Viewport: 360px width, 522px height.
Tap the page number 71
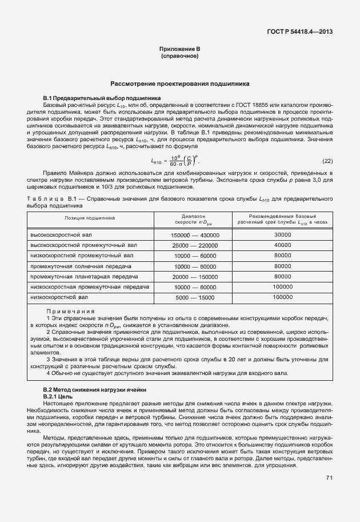329,477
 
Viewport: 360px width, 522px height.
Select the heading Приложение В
179,50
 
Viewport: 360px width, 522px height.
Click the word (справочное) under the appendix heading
179,57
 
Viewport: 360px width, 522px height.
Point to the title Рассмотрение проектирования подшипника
179,83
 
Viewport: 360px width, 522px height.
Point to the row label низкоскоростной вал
59,298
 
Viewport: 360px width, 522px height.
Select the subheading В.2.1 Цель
57,396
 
